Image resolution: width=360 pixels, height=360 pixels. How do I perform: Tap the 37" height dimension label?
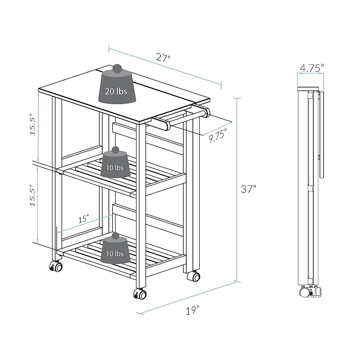pyautogui.click(x=249, y=189)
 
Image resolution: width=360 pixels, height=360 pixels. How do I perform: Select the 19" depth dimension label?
pyautogui.click(x=192, y=310)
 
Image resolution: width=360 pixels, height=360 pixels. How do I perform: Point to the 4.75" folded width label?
pyautogui.click(x=312, y=68)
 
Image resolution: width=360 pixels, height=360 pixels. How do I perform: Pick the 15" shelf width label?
pyautogui.click(x=84, y=219)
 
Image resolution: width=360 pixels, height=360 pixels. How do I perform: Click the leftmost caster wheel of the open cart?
pyautogui.click(x=56, y=266)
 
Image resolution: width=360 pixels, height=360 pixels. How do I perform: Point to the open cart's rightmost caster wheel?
pyautogui.click(x=193, y=276)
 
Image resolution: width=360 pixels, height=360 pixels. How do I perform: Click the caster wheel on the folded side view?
pyautogui.click(x=304, y=292)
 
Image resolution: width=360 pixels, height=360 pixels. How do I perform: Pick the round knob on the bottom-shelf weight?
pyautogui.click(x=115, y=237)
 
